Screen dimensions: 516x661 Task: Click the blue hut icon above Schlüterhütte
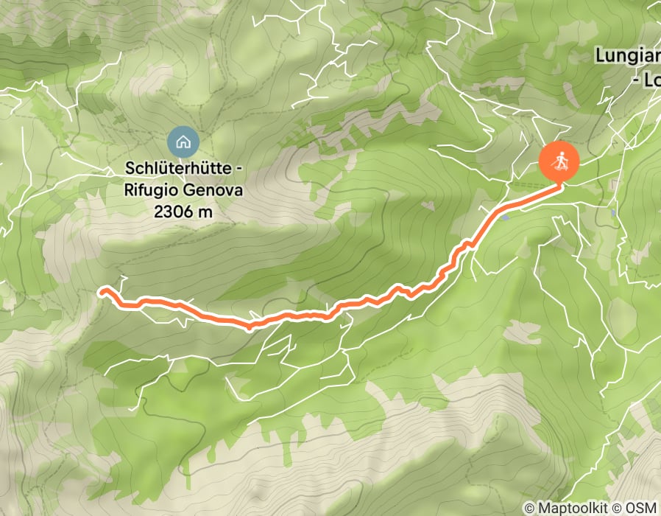coord(182,139)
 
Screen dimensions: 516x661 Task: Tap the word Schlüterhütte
coord(177,170)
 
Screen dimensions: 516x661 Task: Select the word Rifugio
coord(151,191)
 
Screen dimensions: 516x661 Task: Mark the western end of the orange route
coord(101,290)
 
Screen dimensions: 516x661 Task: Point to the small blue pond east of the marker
coord(613,212)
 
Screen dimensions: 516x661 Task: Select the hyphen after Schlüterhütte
coord(236,170)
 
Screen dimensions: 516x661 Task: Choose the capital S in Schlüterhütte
coord(130,170)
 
